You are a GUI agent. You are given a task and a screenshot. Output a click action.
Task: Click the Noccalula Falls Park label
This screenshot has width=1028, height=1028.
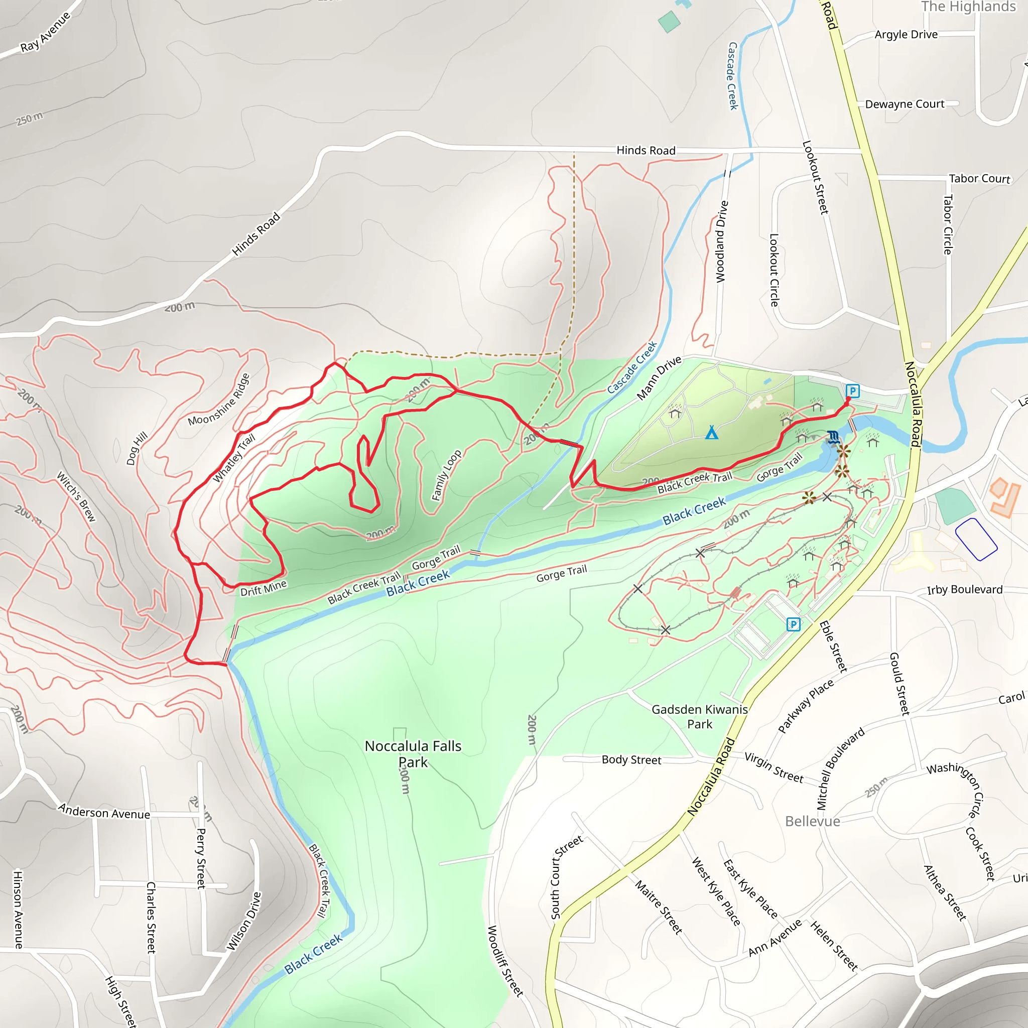[413, 754]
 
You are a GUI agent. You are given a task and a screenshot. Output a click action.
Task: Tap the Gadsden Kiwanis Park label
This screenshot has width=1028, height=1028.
[699, 717]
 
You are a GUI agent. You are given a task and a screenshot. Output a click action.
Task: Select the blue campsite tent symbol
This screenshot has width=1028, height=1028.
[711, 432]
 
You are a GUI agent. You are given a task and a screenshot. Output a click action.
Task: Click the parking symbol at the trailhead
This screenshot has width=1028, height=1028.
[852, 391]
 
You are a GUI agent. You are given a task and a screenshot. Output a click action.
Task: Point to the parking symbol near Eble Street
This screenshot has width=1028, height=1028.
[793, 624]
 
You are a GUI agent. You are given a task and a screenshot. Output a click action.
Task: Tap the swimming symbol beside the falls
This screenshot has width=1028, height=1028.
[834, 438]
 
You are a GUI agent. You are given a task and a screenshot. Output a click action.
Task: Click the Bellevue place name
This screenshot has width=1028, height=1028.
[813, 821]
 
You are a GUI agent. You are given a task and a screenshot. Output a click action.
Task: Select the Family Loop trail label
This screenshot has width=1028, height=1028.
[446, 475]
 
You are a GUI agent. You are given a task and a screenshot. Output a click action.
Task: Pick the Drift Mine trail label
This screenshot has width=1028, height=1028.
[264, 587]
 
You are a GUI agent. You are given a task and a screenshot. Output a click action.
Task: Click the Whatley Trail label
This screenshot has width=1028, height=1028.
[234, 458]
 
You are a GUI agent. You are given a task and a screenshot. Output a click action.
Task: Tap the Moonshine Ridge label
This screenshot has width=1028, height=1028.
[219, 399]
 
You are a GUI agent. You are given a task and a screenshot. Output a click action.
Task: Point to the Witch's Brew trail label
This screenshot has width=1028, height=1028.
[77, 496]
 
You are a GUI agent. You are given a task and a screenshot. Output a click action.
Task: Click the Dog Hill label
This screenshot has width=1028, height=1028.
[137, 449]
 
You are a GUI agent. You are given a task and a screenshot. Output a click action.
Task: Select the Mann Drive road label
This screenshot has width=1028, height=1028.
[659, 378]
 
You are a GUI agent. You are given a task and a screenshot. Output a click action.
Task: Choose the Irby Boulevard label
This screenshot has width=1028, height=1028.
[965, 590]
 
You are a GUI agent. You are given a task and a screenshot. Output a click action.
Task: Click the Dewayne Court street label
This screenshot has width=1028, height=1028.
[905, 104]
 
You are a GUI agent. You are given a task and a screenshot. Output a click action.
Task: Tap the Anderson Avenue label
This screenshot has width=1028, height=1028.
[104, 813]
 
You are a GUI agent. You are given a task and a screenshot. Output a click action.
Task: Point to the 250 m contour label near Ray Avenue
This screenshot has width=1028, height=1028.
[30, 118]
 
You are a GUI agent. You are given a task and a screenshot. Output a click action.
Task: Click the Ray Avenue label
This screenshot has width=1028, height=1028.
[45, 32]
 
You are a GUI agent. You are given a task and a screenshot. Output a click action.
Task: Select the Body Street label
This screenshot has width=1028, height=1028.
[631, 760]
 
